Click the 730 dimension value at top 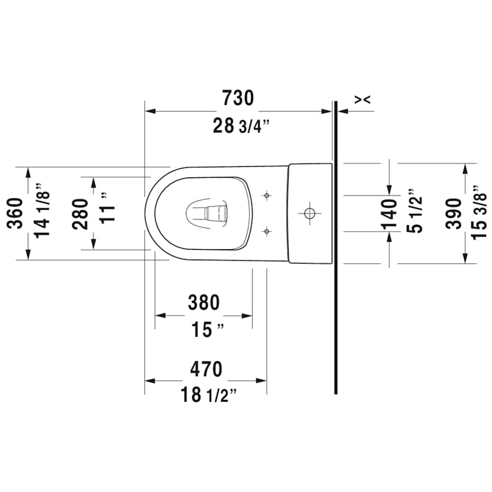click(238, 98)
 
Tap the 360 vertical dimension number click(16, 213)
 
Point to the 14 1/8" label click(43, 213)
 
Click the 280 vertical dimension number click(80, 214)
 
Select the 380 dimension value click(203, 302)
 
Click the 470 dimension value click(206, 370)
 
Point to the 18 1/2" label click(209, 395)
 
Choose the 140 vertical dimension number click(389, 214)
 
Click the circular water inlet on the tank click(309, 212)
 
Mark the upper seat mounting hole click(266, 195)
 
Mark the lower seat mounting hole click(266, 232)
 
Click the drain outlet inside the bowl click(208, 212)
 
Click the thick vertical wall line click(335, 273)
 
